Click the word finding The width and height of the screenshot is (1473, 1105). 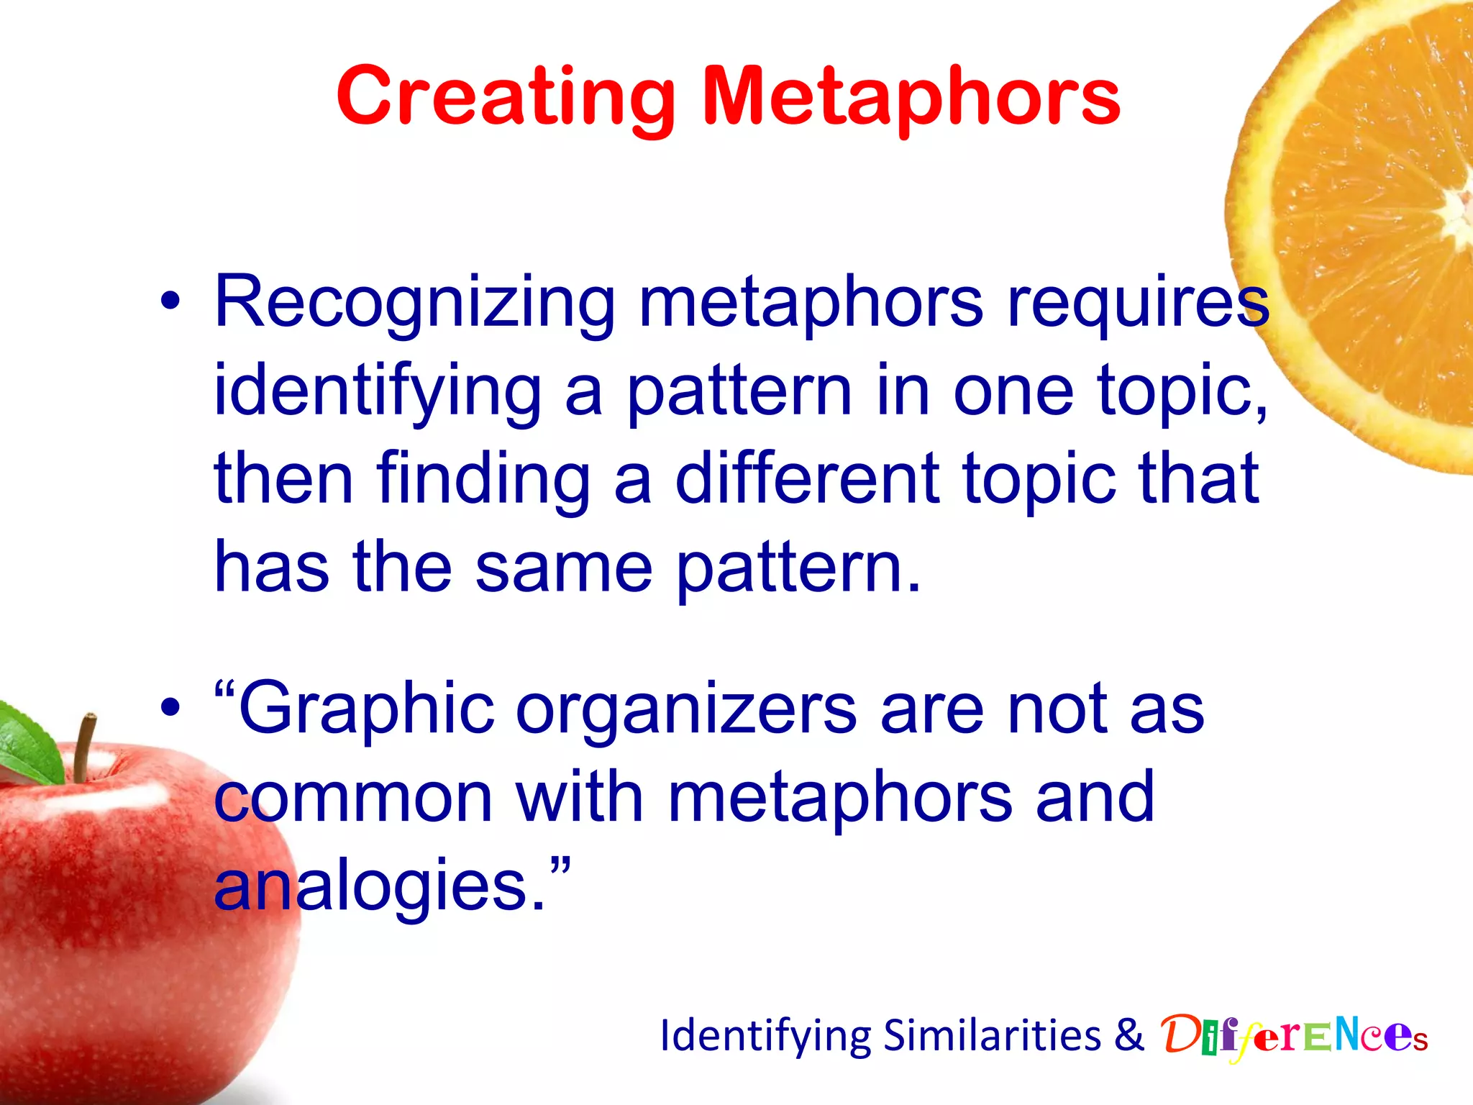[x=483, y=478]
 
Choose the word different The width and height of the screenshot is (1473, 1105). [x=807, y=478]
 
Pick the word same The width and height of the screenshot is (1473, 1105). [x=563, y=568]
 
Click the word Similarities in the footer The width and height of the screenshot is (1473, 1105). [x=993, y=1036]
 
